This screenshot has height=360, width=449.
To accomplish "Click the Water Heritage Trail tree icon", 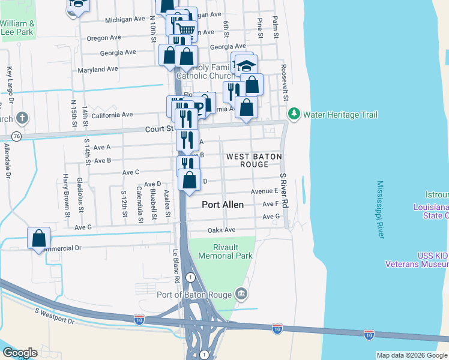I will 294,114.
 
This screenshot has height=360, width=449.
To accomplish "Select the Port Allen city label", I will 223,205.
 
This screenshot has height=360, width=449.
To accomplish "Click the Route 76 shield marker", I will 17,137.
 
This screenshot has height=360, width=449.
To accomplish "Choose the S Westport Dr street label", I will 55,316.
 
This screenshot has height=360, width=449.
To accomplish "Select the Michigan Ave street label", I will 125,20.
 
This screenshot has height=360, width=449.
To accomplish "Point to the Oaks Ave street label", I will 221,230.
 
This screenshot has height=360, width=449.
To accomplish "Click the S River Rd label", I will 283,190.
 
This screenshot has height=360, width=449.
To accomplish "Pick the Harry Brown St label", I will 66,194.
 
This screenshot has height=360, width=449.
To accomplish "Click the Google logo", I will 20,353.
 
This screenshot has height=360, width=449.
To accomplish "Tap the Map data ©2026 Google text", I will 412,355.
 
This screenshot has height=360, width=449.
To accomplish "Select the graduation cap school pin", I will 246,64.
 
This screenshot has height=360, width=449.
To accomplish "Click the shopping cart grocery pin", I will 187,28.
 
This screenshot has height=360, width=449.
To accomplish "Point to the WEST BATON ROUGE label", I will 253,160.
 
